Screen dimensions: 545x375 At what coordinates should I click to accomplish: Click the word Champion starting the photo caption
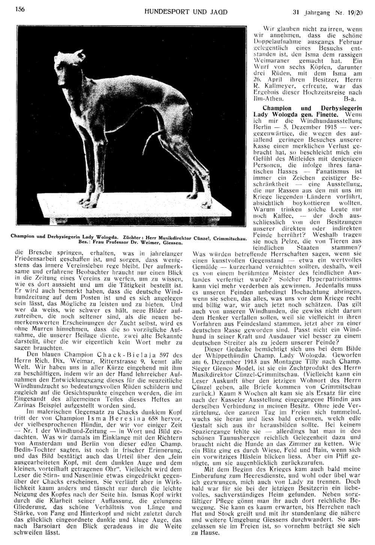(23, 237)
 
